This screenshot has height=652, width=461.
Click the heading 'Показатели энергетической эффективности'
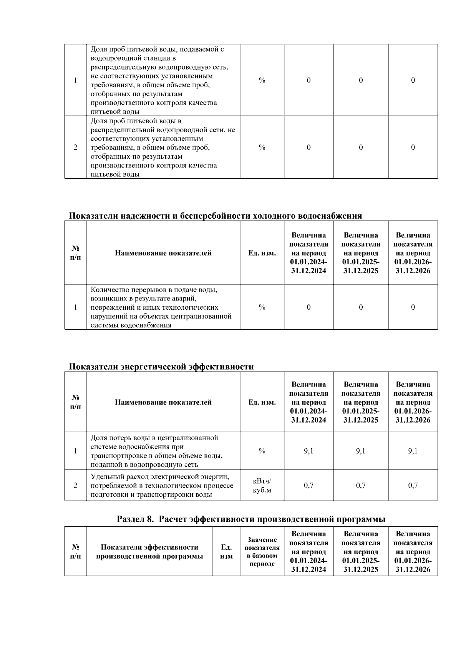coord(161,367)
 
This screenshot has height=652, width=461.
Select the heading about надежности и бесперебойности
coord(215,216)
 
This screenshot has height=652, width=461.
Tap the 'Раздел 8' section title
coord(251,519)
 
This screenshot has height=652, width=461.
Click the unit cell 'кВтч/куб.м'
coord(262,486)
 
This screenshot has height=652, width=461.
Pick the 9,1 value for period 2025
coord(360,451)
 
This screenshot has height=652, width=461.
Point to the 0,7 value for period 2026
coord(413,486)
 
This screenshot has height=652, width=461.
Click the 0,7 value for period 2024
coord(308,486)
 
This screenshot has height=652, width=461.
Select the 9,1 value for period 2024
coord(308,451)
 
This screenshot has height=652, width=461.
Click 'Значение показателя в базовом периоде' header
coord(262,552)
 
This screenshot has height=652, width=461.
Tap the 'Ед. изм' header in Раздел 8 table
coord(226,552)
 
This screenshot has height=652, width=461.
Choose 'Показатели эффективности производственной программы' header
coord(149,552)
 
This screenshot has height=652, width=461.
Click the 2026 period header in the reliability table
coord(413,253)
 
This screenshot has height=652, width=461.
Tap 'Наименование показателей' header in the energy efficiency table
coord(163,402)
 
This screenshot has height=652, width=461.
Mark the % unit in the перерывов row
coord(262,307)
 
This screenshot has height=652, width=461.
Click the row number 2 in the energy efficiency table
coord(75,486)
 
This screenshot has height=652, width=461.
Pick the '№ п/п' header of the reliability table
coord(75,253)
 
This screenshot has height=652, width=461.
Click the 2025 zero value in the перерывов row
coord(360,307)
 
